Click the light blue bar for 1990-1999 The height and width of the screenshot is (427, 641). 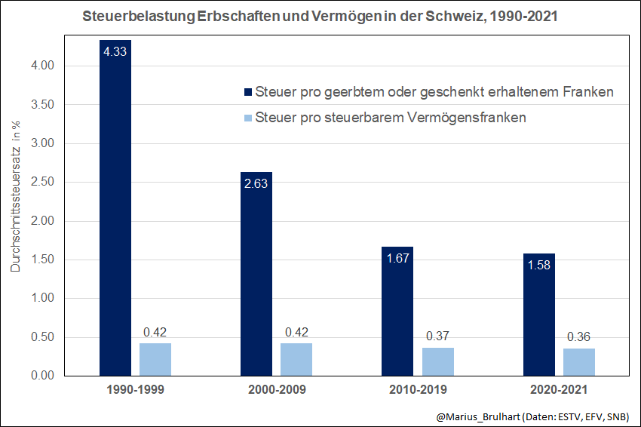[155, 359]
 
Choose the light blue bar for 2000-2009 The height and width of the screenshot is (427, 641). [296, 359]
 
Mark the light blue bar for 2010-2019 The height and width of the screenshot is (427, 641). [437, 361]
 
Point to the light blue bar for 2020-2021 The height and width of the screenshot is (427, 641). [578, 361]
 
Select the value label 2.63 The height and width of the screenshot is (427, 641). [256, 184]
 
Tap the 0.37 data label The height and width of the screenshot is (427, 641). [437, 336]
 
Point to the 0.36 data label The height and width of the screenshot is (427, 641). [578, 336]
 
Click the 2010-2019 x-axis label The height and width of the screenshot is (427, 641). [417, 392]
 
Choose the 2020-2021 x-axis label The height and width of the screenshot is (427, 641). [558, 392]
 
